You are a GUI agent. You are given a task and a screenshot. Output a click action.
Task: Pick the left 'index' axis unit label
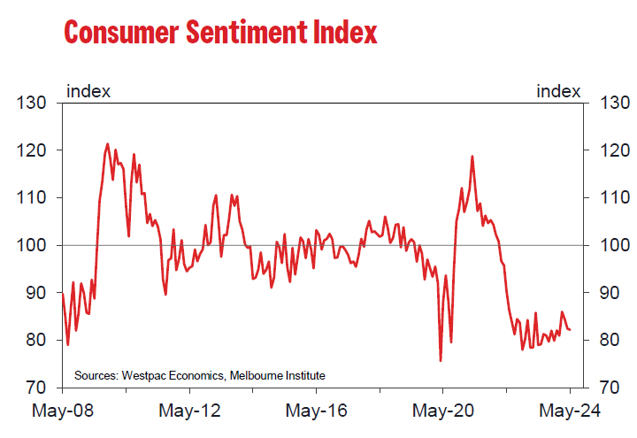tap(88, 91)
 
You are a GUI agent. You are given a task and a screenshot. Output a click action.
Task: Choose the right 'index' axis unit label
tap(559, 91)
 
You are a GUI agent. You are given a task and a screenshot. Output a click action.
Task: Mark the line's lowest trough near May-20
tap(441, 360)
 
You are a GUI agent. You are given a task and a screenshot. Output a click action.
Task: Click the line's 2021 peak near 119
tap(472, 157)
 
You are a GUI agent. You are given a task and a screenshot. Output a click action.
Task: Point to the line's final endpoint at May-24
tap(570, 329)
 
